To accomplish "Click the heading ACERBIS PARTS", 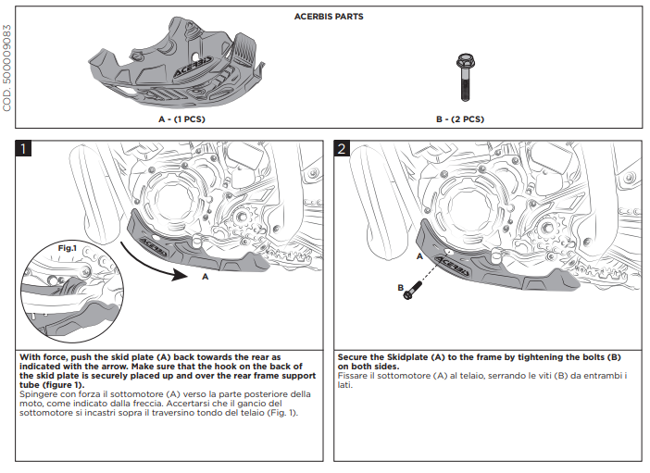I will click(x=329, y=17).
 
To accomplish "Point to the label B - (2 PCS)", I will click(x=460, y=119).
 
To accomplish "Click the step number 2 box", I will click(x=343, y=149).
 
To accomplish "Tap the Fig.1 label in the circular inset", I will click(x=67, y=248).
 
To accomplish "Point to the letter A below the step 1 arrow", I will click(x=205, y=276).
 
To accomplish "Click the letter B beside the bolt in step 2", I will click(x=401, y=288).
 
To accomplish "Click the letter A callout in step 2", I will click(x=419, y=255).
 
